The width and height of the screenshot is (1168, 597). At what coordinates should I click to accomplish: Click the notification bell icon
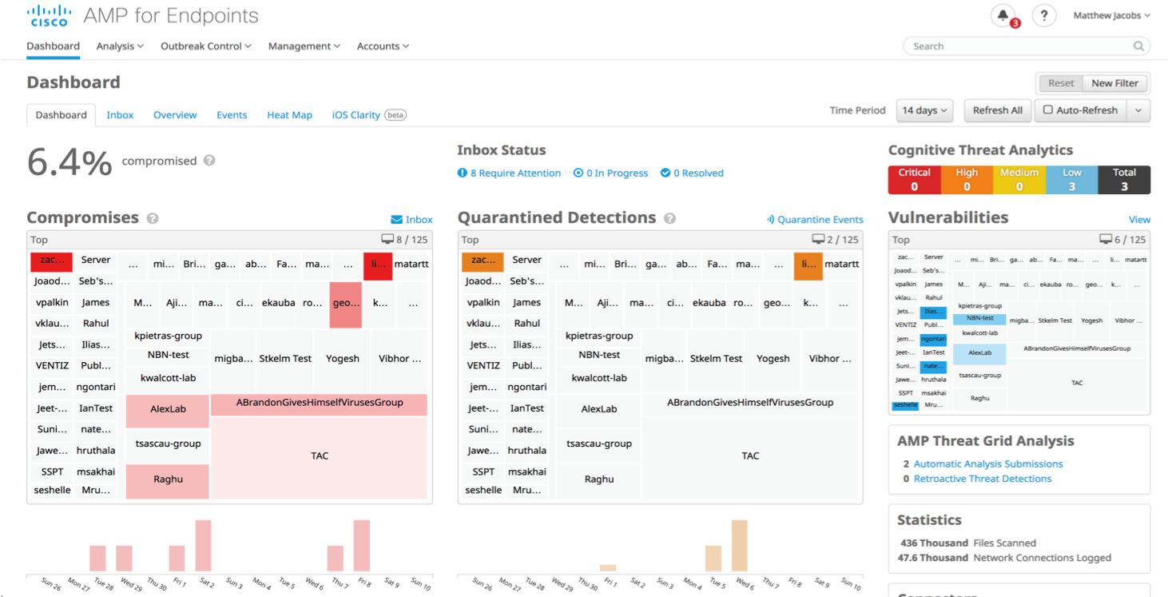point(1003,15)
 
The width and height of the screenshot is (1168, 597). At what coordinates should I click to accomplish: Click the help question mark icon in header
point(1044,15)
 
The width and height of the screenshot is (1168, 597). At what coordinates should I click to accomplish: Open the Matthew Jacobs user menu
point(1111,15)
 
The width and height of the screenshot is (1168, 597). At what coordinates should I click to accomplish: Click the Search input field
point(1023,46)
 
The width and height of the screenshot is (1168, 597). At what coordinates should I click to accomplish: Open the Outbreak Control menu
point(205,46)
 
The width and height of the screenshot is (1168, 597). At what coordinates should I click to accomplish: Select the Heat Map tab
point(289,115)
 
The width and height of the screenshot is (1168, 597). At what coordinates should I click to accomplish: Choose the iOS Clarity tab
point(356,115)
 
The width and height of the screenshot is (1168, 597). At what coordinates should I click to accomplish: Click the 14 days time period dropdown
point(924,110)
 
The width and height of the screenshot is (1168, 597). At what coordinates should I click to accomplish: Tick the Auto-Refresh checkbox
point(1048,110)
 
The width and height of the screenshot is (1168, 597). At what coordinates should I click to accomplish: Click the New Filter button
point(1114,83)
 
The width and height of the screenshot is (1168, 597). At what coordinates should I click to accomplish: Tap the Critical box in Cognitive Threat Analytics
point(914,180)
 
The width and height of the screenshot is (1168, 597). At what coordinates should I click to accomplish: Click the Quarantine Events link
point(815,220)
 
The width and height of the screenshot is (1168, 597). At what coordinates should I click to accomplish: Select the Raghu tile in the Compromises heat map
point(168,480)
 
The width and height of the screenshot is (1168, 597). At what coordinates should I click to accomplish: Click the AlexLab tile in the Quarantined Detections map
point(599,409)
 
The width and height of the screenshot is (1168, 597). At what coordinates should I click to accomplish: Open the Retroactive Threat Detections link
point(983,479)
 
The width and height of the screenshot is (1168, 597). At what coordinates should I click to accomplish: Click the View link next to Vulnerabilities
point(1139,220)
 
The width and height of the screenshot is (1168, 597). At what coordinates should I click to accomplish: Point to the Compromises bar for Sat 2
point(203,545)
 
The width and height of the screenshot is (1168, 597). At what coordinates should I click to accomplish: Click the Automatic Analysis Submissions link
point(988,464)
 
